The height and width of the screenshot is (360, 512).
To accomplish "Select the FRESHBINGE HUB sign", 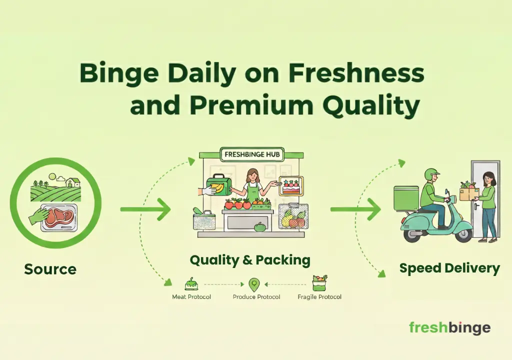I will click(x=253, y=154).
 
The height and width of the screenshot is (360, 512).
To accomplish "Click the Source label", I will click(x=50, y=269).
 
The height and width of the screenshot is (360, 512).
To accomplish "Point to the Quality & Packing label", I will click(x=250, y=260).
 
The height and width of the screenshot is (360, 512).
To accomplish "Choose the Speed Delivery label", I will click(x=449, y=268).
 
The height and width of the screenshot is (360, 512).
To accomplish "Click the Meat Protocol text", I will click(x=191, y=297).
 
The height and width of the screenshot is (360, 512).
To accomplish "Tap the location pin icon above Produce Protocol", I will click(x=254, y=285).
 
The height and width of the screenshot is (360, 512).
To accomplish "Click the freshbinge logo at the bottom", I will click(x=449, y=327).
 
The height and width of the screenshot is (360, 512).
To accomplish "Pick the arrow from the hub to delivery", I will click(x=355, y=209).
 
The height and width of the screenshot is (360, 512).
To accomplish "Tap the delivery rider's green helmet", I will click(x=430, y=174).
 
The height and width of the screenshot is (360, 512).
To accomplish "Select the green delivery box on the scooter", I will click(x=406, y=198).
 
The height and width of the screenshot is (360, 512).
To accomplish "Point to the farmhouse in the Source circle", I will click(x=73, y=182).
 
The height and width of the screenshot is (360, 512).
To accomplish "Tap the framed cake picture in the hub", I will click(x=290, y=186).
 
